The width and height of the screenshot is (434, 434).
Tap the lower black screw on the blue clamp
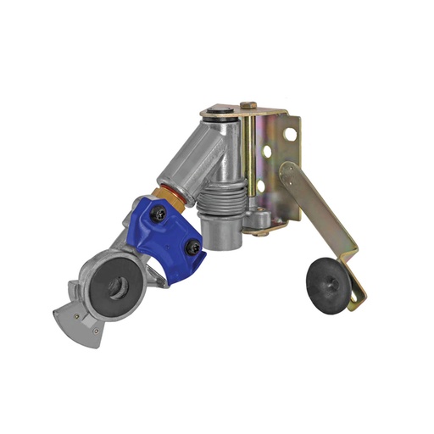pos(194,248)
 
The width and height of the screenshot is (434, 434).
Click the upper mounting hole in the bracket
pos(291,134)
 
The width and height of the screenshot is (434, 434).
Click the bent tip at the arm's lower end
pos(361,297)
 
